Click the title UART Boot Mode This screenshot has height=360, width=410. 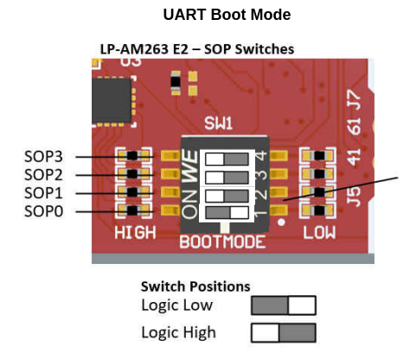(x=227, y=15)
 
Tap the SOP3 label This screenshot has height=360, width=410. (x=43, y=157)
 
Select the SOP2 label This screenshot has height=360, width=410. (x=43, y=175)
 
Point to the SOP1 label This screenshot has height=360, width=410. (x=43, y=193)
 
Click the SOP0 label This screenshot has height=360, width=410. (x=43, y=211)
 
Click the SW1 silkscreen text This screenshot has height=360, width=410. (x=218, y=124)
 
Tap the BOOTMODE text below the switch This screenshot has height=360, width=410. (x=222, y=241)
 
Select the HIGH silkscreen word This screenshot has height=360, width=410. (x=135, y=233)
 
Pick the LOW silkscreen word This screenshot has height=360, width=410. (x=319, y=233)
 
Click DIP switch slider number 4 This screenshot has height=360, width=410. (x=227, y=159)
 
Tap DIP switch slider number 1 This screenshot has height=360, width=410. (x=227, y=213)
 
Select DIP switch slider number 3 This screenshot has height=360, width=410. (x=227, y=177)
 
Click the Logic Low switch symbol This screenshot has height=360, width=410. (x=284, y=305)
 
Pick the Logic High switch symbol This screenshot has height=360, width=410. (x=284, y=332)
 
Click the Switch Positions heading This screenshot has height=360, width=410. (x=195, y=286)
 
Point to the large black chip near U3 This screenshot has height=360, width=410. (x=112, y=100)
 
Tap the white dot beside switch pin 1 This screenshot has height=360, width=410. (x=281, y=222)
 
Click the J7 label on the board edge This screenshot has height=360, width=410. (x=354, y=100)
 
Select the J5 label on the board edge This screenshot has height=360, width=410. (x=354, y=196)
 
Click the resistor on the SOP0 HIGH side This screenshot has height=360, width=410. (x=132, y=211)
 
